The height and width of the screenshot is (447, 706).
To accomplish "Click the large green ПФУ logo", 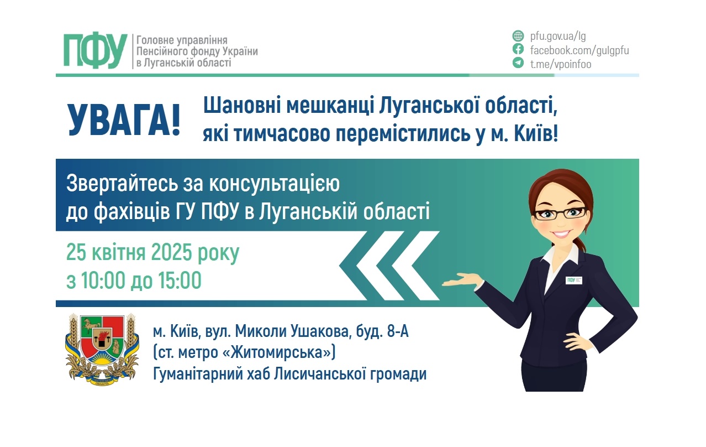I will click(95, 50).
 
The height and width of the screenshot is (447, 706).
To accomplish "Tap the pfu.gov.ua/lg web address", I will click(557, 37).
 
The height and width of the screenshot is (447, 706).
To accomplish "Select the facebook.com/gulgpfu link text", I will click(579, 50).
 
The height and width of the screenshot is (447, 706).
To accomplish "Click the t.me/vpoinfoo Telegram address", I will click(560, 64).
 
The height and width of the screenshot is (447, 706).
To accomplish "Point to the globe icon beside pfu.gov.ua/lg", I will click(518, 37).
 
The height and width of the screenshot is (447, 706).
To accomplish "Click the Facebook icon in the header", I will click(518, 50).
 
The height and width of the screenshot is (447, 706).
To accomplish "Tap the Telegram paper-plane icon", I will click(518, 63).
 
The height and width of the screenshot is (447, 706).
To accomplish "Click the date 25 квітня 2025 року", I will click(153, 253).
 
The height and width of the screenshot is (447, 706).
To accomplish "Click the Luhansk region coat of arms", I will click(102, 349).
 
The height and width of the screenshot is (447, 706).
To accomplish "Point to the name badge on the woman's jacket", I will click(575, 279).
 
